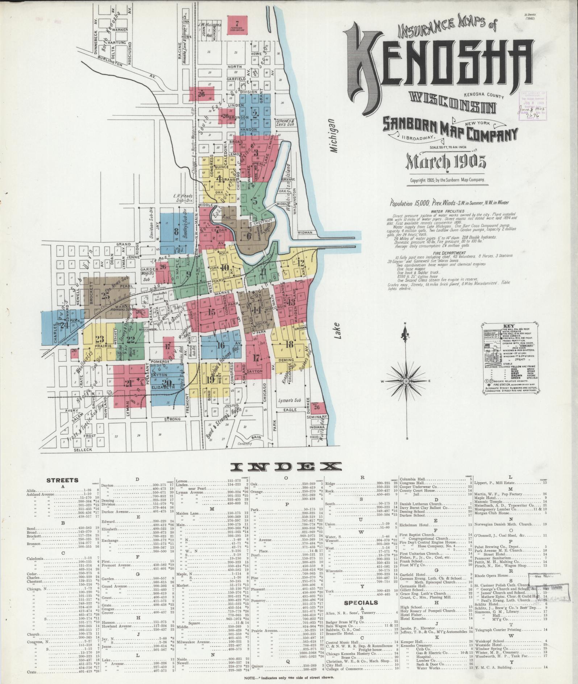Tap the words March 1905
[x=445, y=163]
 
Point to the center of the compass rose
[x=406, y=381]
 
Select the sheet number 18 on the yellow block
[x=289, y=344]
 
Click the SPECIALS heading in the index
[x=361, y=602]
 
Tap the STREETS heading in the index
[x=62, y=480]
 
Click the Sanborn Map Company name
[x=450, y=131]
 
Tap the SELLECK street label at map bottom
[x=83, y=449]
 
